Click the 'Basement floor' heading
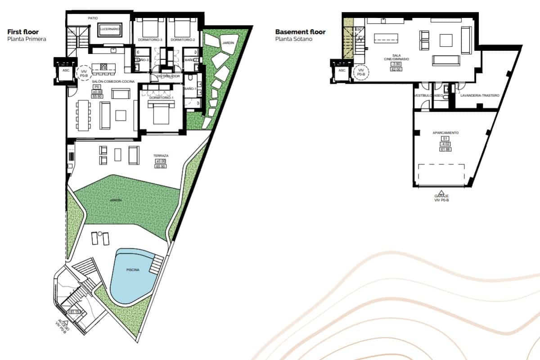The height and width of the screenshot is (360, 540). pos(300,32)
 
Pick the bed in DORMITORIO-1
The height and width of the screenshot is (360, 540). pos(161,112)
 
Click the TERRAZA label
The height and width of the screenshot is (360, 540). pos(161,156)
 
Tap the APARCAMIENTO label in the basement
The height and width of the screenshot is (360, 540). pos(445,133)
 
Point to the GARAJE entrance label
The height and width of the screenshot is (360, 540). pos(441,196)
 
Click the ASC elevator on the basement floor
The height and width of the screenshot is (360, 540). pos(342,71)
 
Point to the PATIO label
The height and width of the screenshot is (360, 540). pos(93,18)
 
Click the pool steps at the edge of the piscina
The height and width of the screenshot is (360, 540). pos(156,265)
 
